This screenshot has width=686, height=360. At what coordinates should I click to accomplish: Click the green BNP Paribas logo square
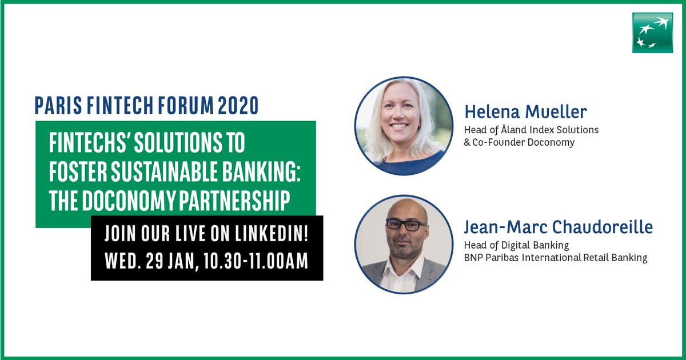tap(652, 33)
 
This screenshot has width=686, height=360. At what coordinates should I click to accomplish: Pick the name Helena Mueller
tap(525, 111)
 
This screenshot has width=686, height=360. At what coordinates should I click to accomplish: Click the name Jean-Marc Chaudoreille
tap(558, 228)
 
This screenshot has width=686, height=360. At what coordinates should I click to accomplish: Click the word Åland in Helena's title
tap(513, 130)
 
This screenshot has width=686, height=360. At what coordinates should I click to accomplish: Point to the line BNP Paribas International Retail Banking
tap(555, 258)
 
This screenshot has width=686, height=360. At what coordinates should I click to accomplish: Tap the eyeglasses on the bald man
tap(405, 224)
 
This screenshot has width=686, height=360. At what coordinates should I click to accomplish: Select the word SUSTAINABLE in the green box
tap(162, 171)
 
